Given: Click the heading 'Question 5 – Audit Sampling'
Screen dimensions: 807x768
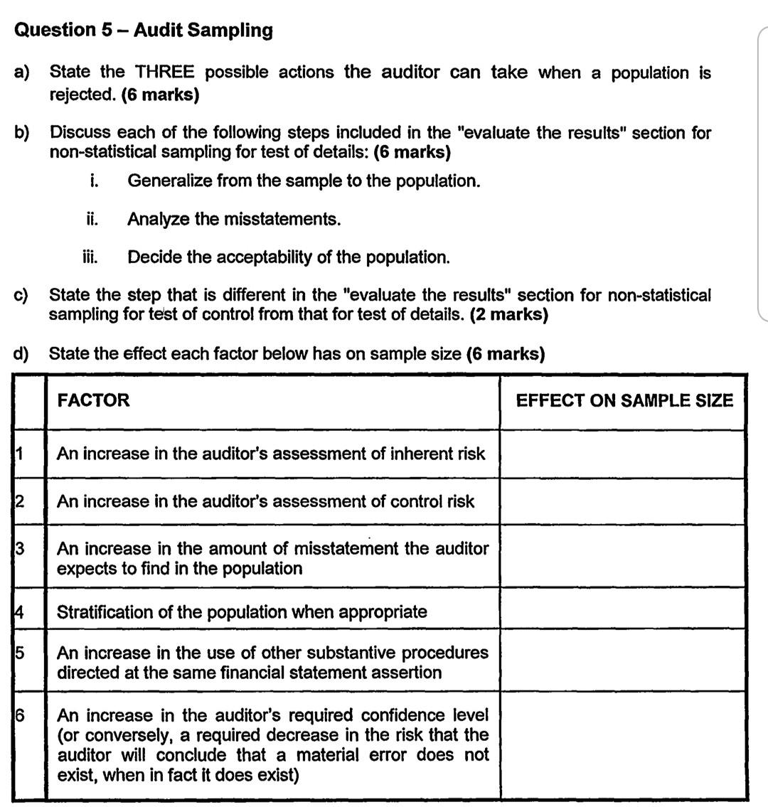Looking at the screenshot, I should coord(143,30).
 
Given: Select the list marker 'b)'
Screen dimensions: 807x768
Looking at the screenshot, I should coord(22,133).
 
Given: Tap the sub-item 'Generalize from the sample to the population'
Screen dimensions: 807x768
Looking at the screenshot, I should coord(304,181).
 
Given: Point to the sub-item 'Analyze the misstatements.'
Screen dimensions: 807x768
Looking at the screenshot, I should coord(234,219).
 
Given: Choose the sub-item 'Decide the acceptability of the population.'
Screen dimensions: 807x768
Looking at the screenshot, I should coord(288,257).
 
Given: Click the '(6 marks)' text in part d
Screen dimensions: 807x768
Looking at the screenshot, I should coord(505,353).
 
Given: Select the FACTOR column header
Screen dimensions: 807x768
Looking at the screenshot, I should coord(93,400).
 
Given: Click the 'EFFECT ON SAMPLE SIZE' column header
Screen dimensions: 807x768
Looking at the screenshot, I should coord(624,401).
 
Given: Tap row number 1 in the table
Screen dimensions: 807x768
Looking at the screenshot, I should coord(20,453).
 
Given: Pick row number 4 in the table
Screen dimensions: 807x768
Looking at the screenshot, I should coord(21,611).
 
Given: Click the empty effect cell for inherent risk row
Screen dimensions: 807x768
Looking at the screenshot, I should coord(623,454).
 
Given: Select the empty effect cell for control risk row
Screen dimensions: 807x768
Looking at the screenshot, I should coord(623,501).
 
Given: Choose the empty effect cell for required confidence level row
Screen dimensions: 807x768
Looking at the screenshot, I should coord(623,744).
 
